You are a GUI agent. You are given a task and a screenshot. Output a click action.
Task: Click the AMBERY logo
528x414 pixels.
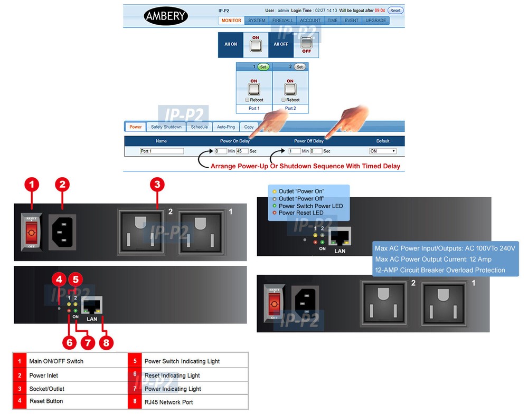pos(166,16)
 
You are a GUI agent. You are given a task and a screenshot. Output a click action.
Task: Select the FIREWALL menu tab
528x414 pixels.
pos(282,21)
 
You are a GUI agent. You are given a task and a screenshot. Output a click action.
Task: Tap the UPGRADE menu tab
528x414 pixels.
pos(375,21)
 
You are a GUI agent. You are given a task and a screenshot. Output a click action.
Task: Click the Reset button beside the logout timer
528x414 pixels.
pos(395,11)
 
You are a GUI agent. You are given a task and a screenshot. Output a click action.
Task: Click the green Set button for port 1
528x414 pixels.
pos(263,67)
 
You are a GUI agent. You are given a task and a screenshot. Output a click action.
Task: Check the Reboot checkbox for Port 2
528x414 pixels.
pos(284,100)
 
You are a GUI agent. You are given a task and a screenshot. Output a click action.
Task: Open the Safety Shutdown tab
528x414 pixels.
pos(166,127)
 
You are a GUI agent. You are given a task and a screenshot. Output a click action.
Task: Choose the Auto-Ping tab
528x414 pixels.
pos(225,127)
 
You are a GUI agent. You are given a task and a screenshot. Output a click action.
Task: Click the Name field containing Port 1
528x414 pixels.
pos(162,151)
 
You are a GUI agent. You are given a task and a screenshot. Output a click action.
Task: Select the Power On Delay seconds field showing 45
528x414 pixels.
pos(242,151)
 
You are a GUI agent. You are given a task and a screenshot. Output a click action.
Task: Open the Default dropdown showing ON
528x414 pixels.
pos(383,151)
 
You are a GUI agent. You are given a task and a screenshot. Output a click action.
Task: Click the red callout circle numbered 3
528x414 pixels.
pos(157,185)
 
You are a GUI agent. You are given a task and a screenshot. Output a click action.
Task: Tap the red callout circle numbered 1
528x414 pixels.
pos(32,185)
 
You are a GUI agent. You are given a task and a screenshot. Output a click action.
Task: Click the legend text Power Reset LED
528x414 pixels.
pos(301,213)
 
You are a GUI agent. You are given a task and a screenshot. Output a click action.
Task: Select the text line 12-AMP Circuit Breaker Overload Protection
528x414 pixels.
pos(439,270)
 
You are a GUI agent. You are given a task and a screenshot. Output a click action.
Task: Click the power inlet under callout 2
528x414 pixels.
pos(62,232)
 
